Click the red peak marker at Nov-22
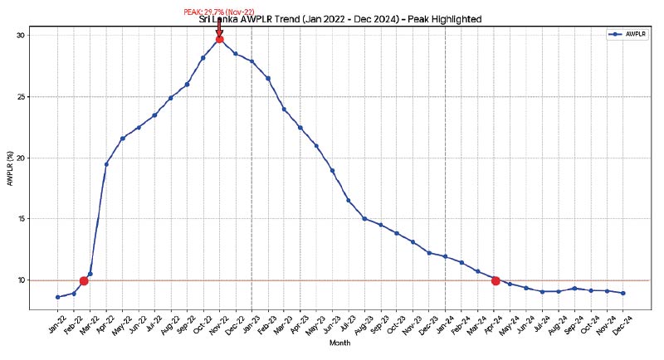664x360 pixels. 219,39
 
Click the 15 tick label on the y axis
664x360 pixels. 21,219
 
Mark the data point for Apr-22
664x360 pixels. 106,164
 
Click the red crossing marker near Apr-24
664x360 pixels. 496,280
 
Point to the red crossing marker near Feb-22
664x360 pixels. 84,280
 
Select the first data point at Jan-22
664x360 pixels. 57,297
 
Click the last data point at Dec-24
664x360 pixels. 622,293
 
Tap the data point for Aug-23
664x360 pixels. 364,218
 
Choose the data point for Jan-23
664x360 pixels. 251,61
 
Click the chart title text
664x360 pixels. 340,18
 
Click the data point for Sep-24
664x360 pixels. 574,289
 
